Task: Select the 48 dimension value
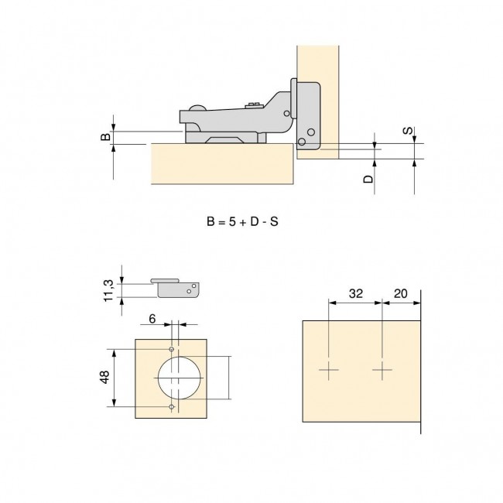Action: pyautogui.click(x=105, y=378)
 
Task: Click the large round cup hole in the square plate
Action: pyautogui.click(x=180, y=378)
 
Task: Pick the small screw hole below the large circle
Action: pyautogui.click(x=172, y=407)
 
